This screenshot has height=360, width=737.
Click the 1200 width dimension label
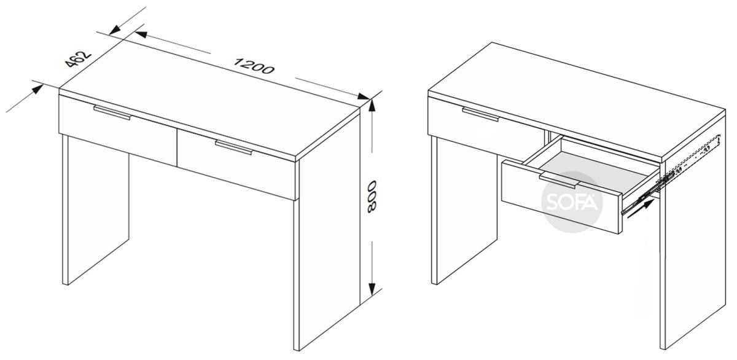253,66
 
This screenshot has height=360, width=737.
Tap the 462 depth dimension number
77,60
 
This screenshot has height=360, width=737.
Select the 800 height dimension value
372,197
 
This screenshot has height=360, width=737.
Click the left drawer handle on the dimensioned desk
112,113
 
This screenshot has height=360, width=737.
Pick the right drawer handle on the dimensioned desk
234,147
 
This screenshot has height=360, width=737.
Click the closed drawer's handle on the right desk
481,114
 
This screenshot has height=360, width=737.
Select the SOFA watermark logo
572,202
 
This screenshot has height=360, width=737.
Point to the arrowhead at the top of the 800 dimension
372,106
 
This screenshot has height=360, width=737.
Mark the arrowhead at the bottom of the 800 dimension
372,289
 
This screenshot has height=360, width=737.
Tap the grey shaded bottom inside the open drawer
589,171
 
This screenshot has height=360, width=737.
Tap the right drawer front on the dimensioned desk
238,164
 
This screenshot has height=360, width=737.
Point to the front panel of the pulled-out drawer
561,197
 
